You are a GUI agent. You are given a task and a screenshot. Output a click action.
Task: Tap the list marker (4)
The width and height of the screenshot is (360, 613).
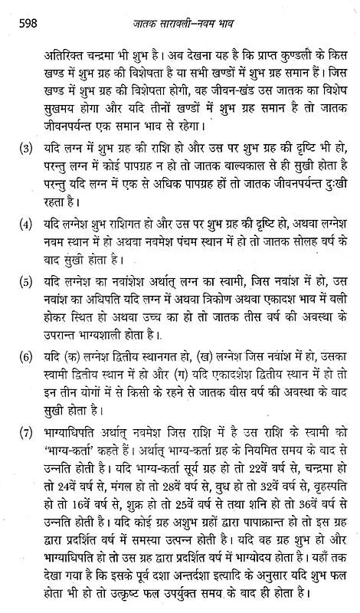point(27,248)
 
